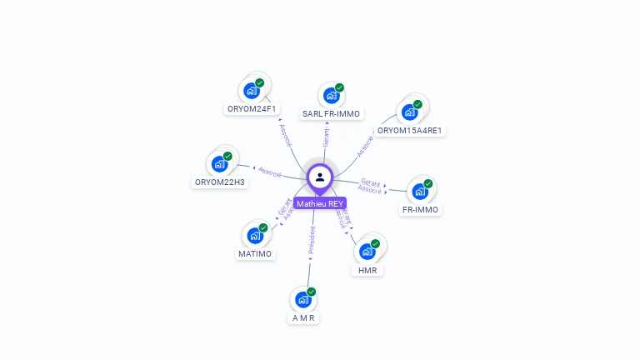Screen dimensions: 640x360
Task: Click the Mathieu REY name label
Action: tap(320, 203)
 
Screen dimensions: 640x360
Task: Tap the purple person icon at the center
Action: tap(320, 177)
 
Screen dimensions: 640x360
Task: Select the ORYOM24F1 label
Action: tap(252, 109)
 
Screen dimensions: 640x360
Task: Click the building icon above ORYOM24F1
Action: tap(251, 91)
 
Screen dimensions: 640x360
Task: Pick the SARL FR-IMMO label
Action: tap(331, 113)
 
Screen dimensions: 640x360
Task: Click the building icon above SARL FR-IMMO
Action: tap(331, 95)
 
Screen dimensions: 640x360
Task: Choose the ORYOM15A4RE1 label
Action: tap(409, 130)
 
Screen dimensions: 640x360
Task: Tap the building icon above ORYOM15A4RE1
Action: tap(409, 112)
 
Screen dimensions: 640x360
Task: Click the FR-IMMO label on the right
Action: tap(421, 210)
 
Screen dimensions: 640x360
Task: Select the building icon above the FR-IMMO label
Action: tap(420, 192)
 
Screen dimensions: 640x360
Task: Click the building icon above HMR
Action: tap(367, 251)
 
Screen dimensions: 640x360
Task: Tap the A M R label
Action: tap(303, 318)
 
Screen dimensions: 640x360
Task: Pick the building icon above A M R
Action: tap(303, 299)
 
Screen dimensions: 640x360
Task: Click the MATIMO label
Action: tap(255, 253)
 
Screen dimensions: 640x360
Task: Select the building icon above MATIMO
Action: tap(255, 235)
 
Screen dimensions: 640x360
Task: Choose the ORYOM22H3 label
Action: tap(220, 182)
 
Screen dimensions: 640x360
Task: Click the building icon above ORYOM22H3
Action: tap(220, 163)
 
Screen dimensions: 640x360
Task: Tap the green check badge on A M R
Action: tap(312, 292)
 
